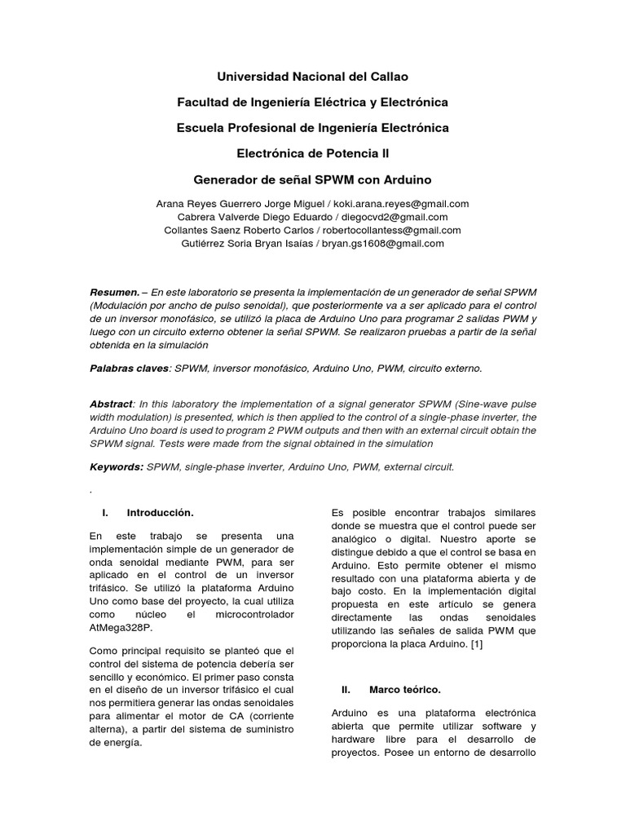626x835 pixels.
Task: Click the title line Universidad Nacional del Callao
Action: click(312, 77)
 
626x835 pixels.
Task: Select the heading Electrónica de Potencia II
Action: click(312, 152)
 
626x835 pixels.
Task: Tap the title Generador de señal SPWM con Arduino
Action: click(312, 179)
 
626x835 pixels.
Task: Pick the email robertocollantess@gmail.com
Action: click(393, 230)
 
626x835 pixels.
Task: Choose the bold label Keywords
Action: click(116, 467)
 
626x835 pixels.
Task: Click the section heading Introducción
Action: click(160, 513)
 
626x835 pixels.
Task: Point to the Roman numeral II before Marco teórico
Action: click(346, 689)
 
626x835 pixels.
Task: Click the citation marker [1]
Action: click(477, 644)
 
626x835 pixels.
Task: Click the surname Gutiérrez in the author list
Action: click(202, 243)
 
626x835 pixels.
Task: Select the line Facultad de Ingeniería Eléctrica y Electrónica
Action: click(312, 102)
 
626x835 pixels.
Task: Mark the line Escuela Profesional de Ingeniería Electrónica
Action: click(312, 128)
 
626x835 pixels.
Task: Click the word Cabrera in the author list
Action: click(194, 217)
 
